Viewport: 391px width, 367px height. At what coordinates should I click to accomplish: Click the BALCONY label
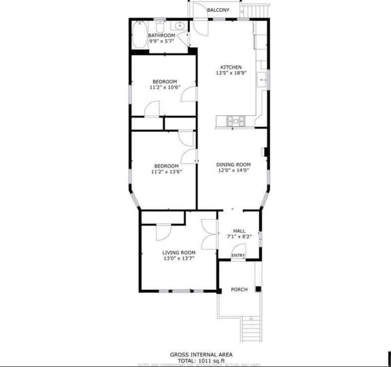218,10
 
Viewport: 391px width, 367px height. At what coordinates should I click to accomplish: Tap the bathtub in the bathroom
140,35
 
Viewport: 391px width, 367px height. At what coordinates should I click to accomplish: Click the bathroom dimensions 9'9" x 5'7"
162,42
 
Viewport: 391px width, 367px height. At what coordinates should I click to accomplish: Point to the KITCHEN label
231,67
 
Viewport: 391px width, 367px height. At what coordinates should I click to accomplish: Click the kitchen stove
235,120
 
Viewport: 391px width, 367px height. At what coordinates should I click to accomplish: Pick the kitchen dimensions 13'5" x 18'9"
231,73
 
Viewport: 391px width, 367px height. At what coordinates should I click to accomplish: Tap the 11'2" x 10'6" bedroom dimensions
165,87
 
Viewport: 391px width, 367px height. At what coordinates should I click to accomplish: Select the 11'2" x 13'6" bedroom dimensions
166,172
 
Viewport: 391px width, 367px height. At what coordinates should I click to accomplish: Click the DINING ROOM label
233,164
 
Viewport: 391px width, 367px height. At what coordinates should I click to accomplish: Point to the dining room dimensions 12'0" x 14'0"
233,170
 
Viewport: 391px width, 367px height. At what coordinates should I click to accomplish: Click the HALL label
239,231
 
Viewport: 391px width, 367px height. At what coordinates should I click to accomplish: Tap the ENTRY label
238,256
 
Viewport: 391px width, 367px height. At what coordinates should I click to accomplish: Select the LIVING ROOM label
179,252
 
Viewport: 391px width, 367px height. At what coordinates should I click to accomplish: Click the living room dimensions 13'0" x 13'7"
179,258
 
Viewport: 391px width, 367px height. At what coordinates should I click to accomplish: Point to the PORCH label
239,290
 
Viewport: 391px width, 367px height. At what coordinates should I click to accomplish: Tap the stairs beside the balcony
258,9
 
